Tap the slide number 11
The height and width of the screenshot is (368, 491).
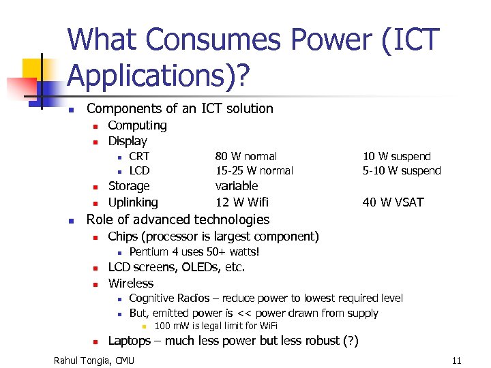[x=456, y=360]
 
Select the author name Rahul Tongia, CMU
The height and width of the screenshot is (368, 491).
[x=94, y=360]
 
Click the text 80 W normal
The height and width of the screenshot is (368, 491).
[x=246, y=156]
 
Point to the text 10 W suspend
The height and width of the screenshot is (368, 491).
[x=397, y=156]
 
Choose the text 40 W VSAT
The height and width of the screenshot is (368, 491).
[x=393, y=202]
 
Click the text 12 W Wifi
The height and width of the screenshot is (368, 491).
[x=242, y=202]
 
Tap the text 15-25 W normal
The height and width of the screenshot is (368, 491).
[x=254, y=170]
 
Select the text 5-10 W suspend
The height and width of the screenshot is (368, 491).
[x=402, y=170]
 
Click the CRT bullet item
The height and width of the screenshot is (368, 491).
[x=139, y=156]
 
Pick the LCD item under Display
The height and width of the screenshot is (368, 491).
[x=139, y=170]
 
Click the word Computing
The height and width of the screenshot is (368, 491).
[x=137, y=125]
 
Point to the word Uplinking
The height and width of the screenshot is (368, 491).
[x=133, y=202]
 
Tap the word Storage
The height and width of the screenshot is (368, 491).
[x=129, y=185]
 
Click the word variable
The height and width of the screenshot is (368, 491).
[x=237, y=185]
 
